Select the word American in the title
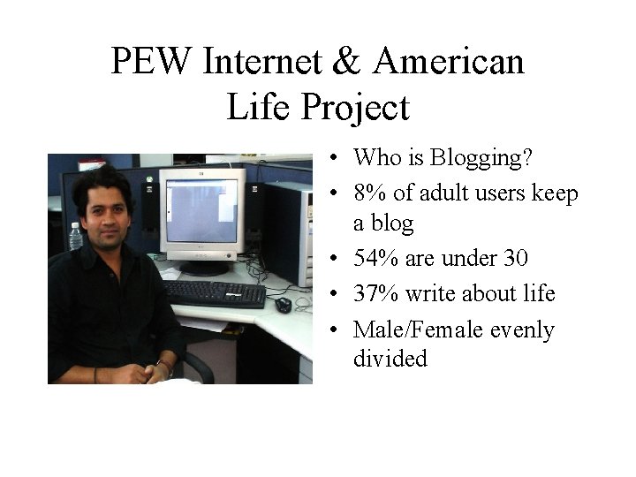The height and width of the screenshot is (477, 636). coord(449,62)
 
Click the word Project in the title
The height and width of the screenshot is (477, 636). coord(358,107)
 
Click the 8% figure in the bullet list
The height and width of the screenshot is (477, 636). coord(370,193)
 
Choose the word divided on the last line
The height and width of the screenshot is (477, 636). coord(390,359)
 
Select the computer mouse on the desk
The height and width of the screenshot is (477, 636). coord(283,305)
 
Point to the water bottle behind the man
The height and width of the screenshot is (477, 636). coord(75,236)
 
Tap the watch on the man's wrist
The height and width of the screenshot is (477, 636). coord(164,365)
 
